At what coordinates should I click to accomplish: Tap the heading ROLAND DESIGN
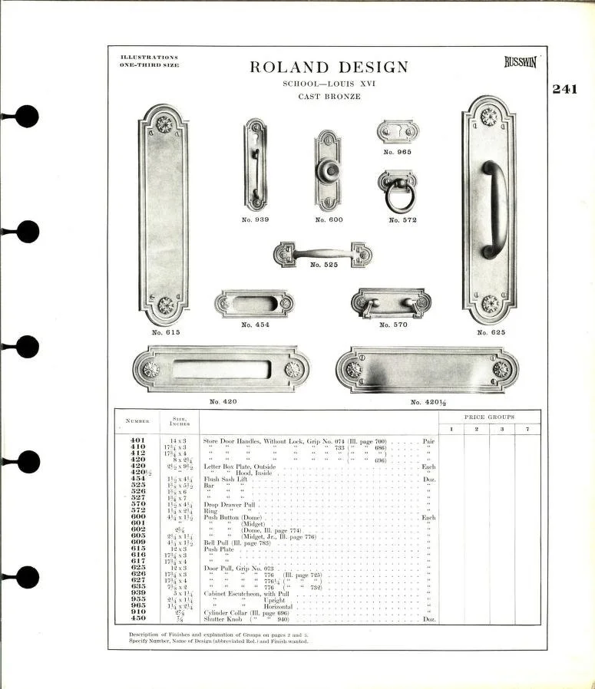[329, 68]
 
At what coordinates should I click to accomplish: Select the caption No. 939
[256, 219]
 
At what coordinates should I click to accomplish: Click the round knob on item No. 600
[328, 170]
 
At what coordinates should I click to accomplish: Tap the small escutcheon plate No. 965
[398, 131]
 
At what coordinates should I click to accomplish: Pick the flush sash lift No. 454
[255, 305]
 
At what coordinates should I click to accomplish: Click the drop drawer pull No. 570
[391, 302]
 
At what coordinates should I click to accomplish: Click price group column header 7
[527, 428]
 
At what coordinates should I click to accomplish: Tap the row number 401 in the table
[138, 441]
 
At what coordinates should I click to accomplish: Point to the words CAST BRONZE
[329, 97]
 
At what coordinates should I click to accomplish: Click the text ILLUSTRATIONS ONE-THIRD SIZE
[149, 61]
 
